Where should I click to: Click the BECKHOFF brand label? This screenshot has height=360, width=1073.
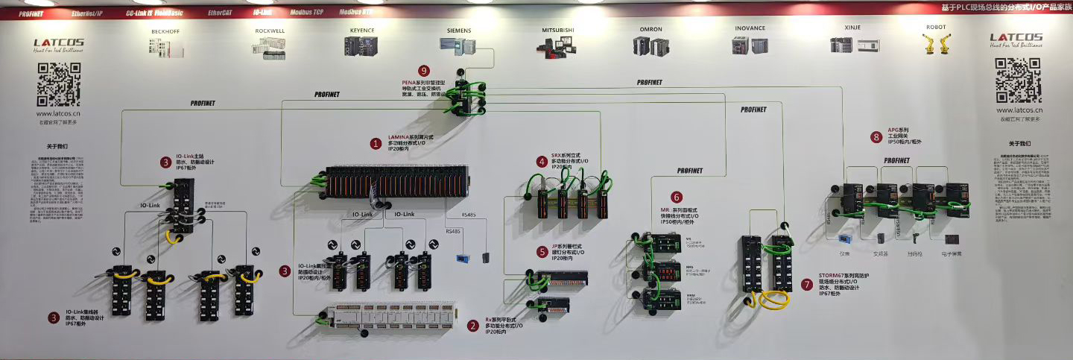click(165, 30)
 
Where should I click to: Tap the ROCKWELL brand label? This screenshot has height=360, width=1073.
click(270, 30)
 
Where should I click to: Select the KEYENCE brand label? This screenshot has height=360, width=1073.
click(361, 30)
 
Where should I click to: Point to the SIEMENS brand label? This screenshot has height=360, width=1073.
click(459, 30)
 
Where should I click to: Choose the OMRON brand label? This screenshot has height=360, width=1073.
click(651, 29)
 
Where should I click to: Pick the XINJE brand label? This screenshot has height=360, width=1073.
click(852, 28)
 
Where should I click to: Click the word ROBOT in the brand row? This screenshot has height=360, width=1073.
click(936, 27)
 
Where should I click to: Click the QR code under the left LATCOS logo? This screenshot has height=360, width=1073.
click(59, 85)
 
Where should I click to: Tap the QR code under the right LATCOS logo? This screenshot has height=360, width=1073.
click(1016, 80)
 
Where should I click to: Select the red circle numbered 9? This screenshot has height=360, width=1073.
click(425, 71)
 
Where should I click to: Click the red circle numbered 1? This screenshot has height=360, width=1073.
click(376, 144)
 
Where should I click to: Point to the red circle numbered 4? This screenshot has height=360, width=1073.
click(542, 160)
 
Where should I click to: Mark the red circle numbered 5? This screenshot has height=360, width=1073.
click(542, 251)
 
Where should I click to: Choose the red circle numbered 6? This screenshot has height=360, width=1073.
click(676, 198)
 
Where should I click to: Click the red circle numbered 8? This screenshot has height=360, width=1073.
click(876, 136)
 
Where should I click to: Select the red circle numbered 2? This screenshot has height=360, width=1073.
click(473, 325)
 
